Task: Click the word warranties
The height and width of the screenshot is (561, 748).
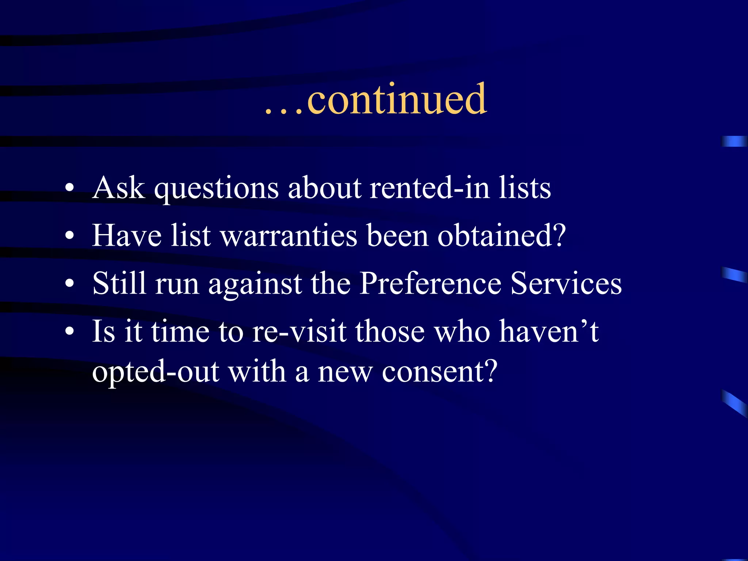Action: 289,236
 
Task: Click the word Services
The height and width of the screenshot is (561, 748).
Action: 566,283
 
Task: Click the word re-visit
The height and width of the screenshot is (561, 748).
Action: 299,332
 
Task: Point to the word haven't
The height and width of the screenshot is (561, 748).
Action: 549,332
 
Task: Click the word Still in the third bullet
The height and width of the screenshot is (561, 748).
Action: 119,283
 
